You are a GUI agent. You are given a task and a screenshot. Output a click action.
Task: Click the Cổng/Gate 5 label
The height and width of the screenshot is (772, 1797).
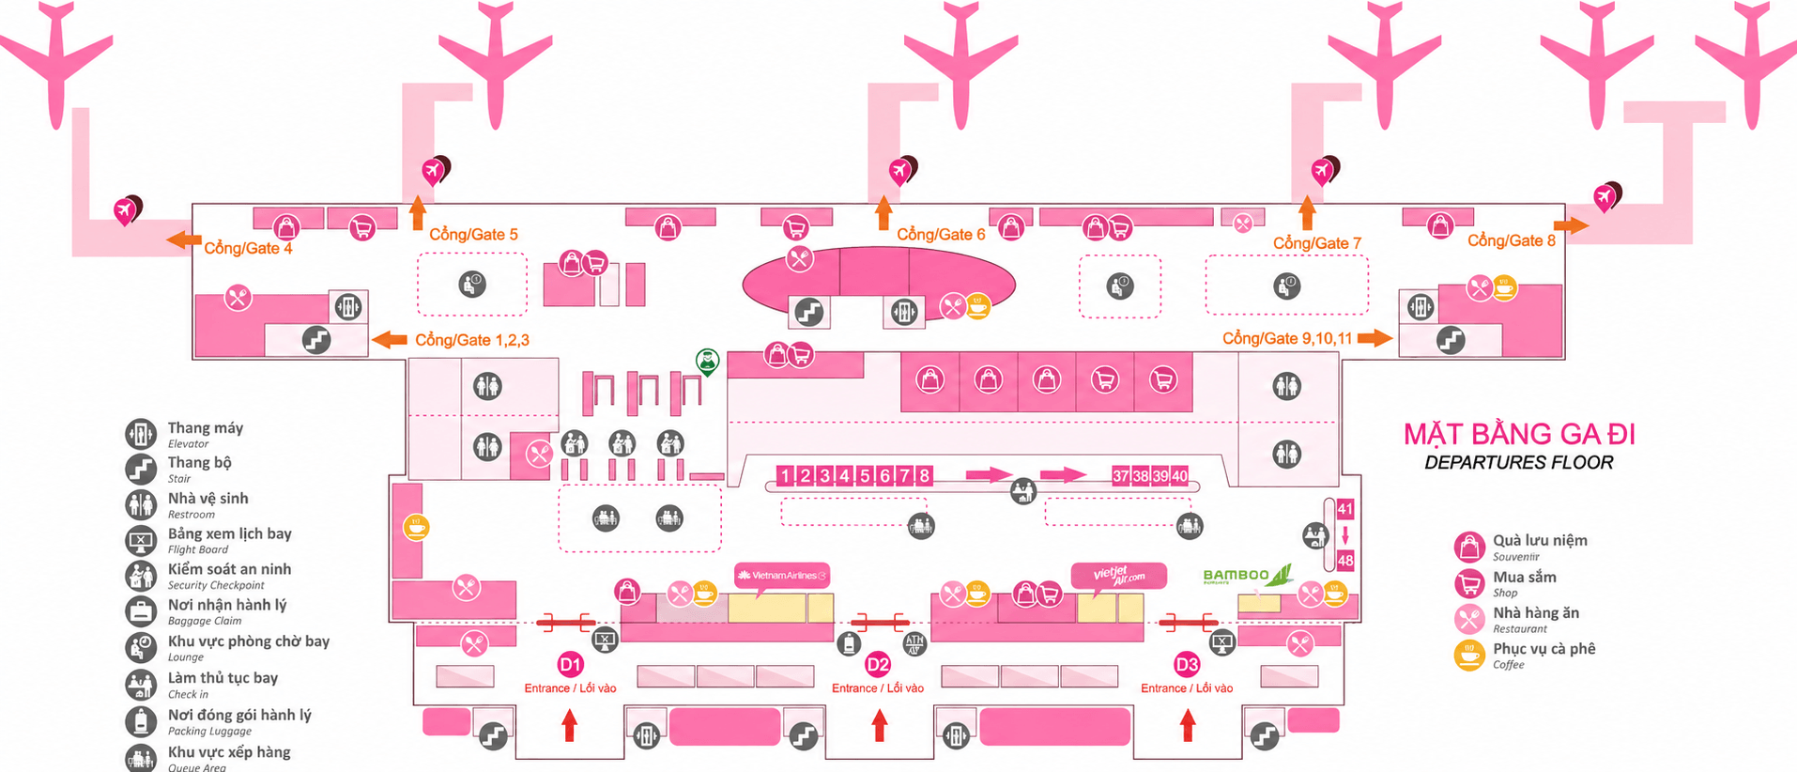[x=473, y=234]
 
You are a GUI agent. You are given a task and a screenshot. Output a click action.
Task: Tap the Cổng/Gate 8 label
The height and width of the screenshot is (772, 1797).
[x=1512, y=240]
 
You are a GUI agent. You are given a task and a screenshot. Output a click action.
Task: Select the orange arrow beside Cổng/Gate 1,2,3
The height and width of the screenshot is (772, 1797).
[x=390, y=339]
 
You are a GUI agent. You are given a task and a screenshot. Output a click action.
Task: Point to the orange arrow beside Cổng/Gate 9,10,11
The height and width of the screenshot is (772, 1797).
[x=1375, y=338]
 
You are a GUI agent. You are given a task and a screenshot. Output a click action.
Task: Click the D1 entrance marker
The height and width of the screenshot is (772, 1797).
[x=570, y=665]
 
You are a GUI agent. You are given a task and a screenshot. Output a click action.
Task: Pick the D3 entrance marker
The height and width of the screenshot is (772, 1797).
[x=1187, y=665]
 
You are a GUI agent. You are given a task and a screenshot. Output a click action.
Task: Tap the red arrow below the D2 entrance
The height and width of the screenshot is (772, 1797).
[x=880, y=725]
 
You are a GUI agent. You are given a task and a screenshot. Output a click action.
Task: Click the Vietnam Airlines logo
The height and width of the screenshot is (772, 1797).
[x=782, y=575]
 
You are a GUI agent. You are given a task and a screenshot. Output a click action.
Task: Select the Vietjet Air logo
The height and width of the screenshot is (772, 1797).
[x=1119, y=575]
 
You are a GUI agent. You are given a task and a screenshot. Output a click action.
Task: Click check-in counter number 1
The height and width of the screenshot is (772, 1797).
[x=786, y=475]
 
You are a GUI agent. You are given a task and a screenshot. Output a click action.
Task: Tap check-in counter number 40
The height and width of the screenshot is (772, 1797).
[x=1179, y=475]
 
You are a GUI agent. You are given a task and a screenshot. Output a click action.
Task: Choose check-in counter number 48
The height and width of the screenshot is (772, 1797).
[x=1345, y=561]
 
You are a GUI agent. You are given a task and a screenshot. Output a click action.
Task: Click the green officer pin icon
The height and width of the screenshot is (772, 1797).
[x=707, y=362]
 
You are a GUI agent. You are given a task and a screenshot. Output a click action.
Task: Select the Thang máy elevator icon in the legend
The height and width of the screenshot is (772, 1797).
[x=141, y=434]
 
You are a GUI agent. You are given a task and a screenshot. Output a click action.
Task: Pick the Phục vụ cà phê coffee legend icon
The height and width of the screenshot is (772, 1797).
[x=1469, y=655]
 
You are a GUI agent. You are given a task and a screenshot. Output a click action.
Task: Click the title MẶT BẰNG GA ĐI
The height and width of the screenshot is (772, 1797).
[x=1519, y=434]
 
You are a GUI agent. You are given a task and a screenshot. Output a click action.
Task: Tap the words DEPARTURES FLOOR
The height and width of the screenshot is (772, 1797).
[x=1519, y=462]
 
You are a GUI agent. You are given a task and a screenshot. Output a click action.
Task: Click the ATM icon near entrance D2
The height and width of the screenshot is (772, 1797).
[x=914, y=643]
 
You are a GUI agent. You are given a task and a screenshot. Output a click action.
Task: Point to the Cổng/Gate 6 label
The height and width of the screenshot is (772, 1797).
[x=941, y=234]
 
